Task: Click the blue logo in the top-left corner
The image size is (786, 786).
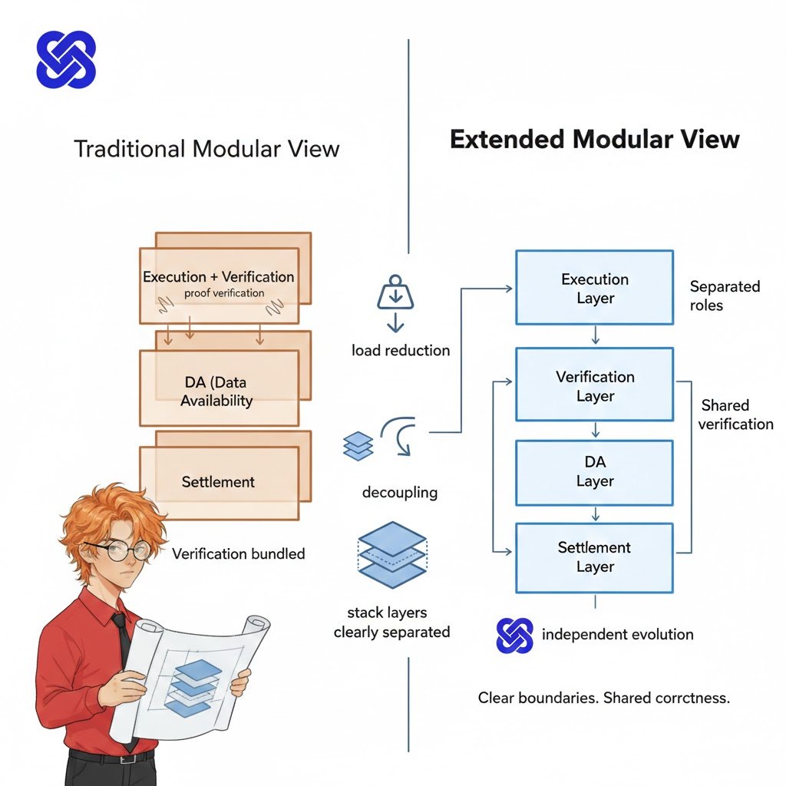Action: [66, 59]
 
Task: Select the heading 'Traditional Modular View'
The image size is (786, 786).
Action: [206, 148]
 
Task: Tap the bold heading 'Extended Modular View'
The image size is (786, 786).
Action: [594, 140]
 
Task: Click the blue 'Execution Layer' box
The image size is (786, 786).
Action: [594, 289]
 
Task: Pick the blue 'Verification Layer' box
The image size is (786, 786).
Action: [594, 385]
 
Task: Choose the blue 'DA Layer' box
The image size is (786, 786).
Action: [594, 471]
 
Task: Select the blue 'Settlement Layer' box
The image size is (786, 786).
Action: [594, 557]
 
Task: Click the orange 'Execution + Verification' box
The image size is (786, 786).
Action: [218, 285]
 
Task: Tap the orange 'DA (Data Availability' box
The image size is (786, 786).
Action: [218, 390]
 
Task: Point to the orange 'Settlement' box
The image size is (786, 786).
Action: [218, 482]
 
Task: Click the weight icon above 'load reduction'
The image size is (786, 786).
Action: [395, 293]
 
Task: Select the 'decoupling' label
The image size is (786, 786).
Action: [399, 492]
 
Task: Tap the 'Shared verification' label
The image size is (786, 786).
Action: [735, 414]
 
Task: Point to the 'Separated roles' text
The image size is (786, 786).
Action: [724, 296]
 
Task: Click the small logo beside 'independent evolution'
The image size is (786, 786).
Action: [514, 635]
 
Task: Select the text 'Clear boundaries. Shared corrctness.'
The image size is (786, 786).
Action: [603, 698]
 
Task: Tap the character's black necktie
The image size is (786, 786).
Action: [121, 637]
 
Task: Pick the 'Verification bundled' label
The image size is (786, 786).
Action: [238, 553]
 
